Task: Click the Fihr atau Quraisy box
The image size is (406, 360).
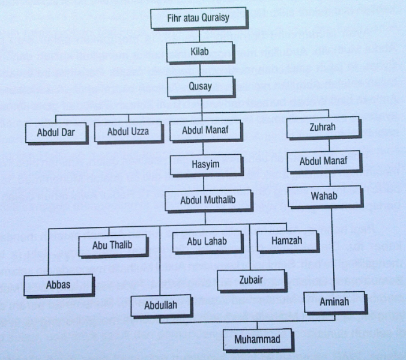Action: point(198,18)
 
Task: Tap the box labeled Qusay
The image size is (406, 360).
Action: point(200,86)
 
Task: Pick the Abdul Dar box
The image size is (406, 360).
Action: point(56,132)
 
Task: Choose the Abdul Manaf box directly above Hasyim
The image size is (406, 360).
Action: point(203,130)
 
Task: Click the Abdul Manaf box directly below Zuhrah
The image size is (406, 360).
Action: point(323,161)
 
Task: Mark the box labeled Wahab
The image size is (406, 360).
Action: point(324,196)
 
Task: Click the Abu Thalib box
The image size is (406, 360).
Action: point(112,245)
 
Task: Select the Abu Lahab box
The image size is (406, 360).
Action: point(207,241)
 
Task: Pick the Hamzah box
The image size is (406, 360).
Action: point(287,241)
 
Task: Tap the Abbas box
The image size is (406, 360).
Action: point(58,284)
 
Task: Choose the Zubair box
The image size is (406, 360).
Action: point(250,279)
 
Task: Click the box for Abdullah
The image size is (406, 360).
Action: point(160,305)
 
